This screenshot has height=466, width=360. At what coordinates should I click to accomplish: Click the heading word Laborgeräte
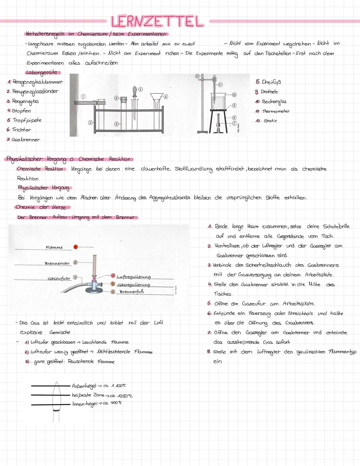pos(43,72)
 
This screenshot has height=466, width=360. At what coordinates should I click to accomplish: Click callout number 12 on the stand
pos(197,76)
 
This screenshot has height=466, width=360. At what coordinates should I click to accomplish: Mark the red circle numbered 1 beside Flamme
pos(76,247)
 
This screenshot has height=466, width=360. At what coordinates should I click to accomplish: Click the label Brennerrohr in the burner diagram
pos(57,264)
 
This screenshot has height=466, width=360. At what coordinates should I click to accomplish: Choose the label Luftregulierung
pos(133,277)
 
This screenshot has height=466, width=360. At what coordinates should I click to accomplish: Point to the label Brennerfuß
pos(131,292)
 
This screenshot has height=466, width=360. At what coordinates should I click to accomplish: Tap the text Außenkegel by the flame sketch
pos(84,386)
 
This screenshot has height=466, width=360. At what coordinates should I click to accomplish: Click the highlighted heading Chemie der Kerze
pos(42,207)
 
